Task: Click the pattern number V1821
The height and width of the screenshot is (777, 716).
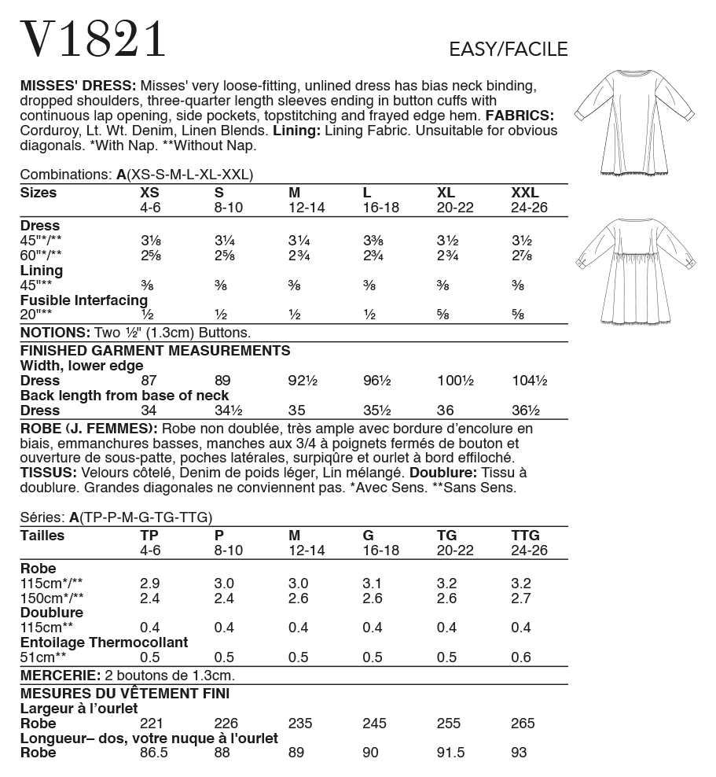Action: click(94, 39)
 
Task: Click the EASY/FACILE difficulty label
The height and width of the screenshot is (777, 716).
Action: click(508, 50)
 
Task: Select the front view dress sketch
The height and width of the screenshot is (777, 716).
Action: click(634, 122)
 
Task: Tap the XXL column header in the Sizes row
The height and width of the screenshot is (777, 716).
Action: click(525, 193)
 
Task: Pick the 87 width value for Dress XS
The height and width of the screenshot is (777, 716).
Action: click(149, 381)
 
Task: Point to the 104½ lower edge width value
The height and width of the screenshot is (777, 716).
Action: click(530, 381)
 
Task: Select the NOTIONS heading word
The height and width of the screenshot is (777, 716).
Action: click(53, 332)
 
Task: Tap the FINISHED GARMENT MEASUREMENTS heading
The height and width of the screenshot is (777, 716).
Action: click(155, 351)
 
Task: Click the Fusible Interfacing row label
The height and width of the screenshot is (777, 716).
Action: click(83, 300)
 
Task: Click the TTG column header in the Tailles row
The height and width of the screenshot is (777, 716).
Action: click(525, 536)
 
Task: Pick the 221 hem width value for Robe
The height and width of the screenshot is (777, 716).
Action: click(150, 724)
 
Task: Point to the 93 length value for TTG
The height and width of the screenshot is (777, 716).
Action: click(520, 753)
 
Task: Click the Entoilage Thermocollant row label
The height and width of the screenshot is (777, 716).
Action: click(104, 643)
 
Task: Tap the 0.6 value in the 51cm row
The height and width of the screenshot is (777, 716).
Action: click(520, 657)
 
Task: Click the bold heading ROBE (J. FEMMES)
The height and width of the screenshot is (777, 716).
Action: click(87, 429)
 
